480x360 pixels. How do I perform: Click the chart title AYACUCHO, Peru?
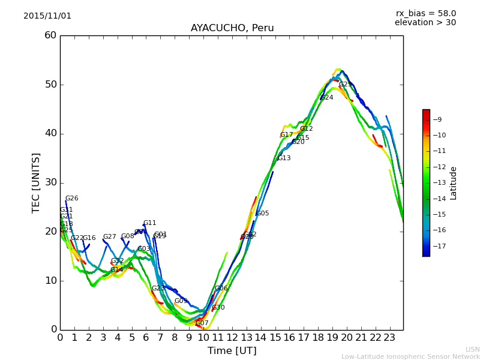click(x=232, y=28)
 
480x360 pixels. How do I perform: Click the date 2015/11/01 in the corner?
click(x=47, y=16)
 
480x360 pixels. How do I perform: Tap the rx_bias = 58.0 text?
click(x=425, y=14)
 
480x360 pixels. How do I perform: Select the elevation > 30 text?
click(x=425, y=23)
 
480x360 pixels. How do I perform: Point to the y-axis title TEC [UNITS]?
click(x=37, y=182)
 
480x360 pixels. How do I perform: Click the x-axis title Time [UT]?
click(x=232, y=351)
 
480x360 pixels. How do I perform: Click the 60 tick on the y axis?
click(x=50, y=35)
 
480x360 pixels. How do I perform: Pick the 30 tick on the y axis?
click(x=50, y=182)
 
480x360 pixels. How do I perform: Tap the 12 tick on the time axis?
click(x=232, y=337)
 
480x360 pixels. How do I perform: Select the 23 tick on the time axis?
click(x=389, y=337)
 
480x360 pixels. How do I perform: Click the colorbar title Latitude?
click(x=454, y=183)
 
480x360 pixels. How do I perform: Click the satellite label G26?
click(x=71, y=199)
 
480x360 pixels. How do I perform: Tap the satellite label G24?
click(x=326, y=98)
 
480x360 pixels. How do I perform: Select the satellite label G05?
click(x=262, y=214)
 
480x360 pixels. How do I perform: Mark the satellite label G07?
click(x=202, y=323)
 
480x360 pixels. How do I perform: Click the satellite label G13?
click(x=284, y=158)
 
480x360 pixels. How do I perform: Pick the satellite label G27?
click(x=109, y=237)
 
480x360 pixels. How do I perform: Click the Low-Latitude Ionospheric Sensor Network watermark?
click(x=410, y=357)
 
